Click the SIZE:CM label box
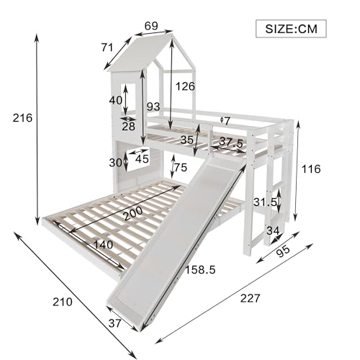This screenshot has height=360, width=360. pyautogui.click(x=291, y=29)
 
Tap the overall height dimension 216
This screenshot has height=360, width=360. pyautogui.click(x=22, y=118)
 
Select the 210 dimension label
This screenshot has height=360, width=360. pyautogui.click(x=63, y=302)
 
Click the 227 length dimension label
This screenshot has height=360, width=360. pyautogui.click(x=250, y=298)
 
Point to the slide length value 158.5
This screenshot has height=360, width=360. pyautogui.click(x=200, y=270)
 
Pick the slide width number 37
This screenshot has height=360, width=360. pyautogui.click(x=114, y=323)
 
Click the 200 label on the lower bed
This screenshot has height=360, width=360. pyautogui.click(x=133, y=213)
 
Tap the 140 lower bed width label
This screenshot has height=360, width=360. pyautogui.click(x=103, y=245)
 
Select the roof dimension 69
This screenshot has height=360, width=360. pyautogui.click(x=151, y=26)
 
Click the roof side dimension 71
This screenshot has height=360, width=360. pyautogui.click(x=107, y=48)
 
